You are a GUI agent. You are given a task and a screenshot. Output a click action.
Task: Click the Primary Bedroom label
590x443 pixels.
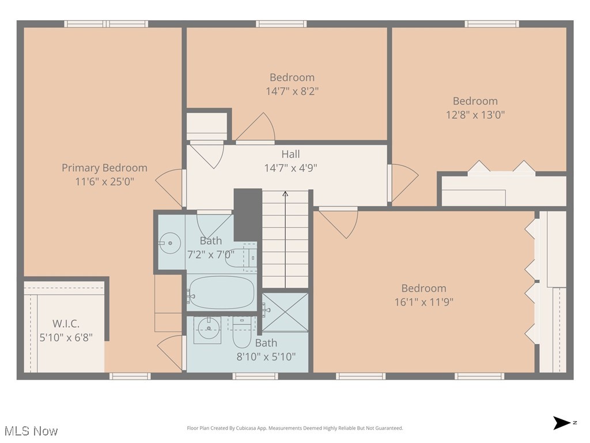pyautogui.click(x=104, y=168)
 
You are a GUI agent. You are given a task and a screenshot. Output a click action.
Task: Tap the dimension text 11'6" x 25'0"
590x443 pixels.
pyautogui.click(x=104, y=182)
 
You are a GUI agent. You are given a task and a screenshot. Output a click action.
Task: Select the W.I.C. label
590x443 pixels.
pyautogui.click(x=66, y=324)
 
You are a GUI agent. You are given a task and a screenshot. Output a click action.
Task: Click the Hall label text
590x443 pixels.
pyautogui.click(x=290, y=154)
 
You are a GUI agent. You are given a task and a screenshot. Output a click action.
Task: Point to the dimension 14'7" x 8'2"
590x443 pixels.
pyautogui.click(x=292, y=91)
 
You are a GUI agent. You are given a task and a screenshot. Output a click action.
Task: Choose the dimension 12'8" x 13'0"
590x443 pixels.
pyautogui.click(x=475, y=115)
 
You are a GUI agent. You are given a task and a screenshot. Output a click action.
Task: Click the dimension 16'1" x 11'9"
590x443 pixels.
pyautogui.click(x=423, y=302)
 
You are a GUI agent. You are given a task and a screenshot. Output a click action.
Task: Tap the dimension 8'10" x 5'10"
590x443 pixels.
pyautogui.click(x=266, y=356)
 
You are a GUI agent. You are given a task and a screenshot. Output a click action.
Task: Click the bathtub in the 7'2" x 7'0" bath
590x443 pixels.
pyautogui.click(x=221, y=293)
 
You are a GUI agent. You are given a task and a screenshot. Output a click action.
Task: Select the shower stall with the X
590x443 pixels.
pyautogui.click(x=285, y=312)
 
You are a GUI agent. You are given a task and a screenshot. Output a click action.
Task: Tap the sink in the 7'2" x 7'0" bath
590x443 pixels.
pyautogui.click(x=169, y=243)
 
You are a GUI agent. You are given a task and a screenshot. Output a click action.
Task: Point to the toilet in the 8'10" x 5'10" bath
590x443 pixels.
pyautogui.click(x=242, y=333)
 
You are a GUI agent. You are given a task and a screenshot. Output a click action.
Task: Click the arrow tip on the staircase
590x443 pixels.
pyautogui.click(x=285, y=194)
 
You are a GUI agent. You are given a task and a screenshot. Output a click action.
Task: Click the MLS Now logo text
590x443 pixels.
pyautogui.click(x=31, y=431)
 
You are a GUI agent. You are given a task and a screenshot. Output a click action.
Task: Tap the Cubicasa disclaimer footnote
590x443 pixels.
pyautogui.click(x=294, y=428)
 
